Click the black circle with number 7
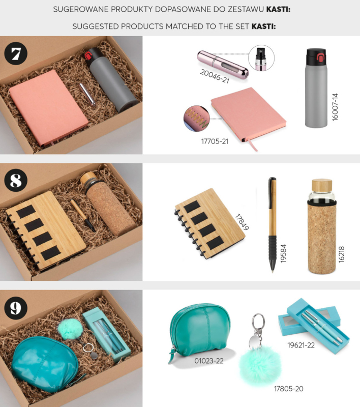click(16, 53)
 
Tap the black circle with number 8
click(16, 180)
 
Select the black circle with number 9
click(16, 308)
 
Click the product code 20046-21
click(215, 76)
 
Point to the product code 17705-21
click(215, 141)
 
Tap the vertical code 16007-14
click(335, 107)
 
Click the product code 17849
click(242, 222)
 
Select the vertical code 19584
click(283, 253)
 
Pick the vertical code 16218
click(341, 254)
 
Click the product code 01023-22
click(209, 361)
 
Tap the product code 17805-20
click(288, 389)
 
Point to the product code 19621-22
click(301, 345)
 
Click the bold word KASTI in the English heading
click(263, 26)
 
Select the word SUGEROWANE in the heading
click(80, 9)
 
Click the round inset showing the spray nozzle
click(261, 58)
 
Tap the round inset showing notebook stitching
click(196, 119)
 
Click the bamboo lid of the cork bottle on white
click(322, 185)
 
